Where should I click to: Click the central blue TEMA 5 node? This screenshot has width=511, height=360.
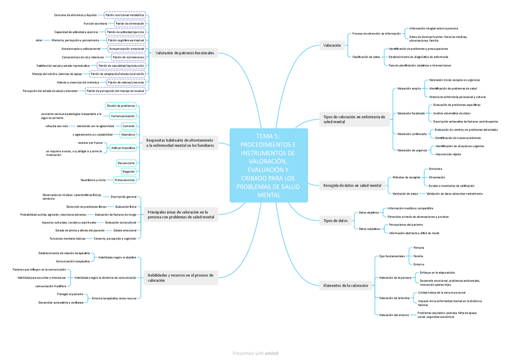click(268, 166)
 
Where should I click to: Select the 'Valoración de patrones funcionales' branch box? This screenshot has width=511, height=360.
click(184, 53)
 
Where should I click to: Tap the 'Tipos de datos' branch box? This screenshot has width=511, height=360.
click(336, 221)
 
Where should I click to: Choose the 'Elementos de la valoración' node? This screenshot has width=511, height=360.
click(345, 285)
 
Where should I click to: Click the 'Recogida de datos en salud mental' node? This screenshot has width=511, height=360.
click(352, 185)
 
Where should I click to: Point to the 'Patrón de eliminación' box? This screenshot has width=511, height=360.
click(130, 23)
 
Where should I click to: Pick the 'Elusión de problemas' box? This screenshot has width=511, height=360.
click(121, 106)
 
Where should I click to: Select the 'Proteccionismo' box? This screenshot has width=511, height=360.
click(125, 180)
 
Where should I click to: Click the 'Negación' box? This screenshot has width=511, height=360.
click(128, 172)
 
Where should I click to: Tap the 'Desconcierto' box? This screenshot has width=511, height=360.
click(127, 163)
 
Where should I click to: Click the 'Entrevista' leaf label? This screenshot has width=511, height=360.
click(435, 169)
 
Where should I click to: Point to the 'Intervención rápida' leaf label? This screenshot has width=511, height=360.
click(448, 154)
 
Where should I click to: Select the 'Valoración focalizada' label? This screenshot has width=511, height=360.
click(410, 113)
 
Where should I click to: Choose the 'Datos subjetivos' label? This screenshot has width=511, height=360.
click(369, 229)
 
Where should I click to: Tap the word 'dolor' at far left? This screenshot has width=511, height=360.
click(39, 40)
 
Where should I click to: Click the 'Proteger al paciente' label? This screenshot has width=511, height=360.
click(71, 294)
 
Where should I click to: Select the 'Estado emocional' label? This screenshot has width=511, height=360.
click(125, 230)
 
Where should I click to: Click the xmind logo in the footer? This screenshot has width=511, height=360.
click(272, 353)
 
